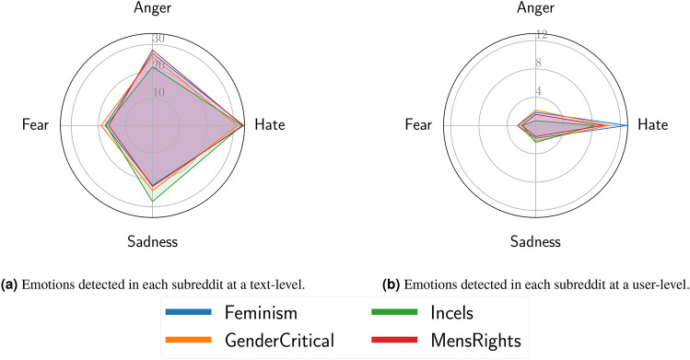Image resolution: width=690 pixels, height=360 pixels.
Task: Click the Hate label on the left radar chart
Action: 269,124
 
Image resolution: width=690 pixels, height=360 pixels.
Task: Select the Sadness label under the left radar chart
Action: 152,242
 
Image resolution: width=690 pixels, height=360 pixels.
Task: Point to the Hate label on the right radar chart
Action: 652,124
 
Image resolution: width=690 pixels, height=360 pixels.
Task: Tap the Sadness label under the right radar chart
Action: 535,242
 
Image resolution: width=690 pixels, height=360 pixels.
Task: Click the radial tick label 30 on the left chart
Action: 158,39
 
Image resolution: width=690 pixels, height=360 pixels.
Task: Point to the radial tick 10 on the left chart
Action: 158,92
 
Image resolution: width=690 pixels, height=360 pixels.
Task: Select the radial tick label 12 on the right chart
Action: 542,35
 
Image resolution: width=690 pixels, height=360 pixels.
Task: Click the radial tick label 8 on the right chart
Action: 542,64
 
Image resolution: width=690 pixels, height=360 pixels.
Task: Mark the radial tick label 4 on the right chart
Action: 542,92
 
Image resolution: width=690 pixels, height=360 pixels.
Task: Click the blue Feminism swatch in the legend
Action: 188,314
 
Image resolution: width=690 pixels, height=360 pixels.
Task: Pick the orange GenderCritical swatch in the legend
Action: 188,341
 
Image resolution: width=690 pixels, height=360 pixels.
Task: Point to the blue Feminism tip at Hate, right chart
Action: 627,124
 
